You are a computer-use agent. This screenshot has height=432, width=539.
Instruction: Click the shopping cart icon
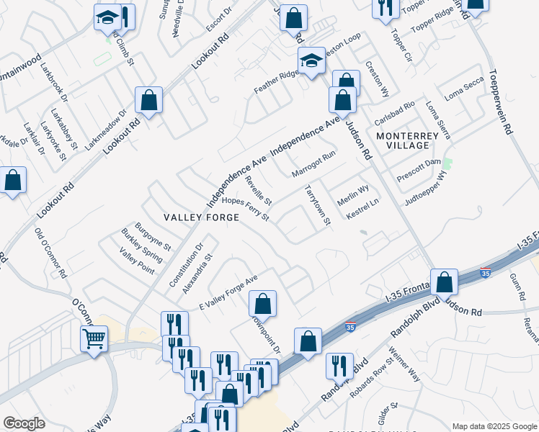coord(94,338)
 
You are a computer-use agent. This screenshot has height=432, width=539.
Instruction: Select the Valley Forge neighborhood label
coord(191,217)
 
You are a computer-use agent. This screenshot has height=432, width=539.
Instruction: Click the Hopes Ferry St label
coord(245,209)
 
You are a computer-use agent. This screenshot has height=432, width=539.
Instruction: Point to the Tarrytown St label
coord(318,206)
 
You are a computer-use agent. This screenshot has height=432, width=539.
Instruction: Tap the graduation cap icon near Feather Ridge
coord(311,61)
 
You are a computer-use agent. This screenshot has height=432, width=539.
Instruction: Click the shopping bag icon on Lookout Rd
coord(149,102)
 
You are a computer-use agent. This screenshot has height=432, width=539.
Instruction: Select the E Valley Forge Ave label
coord(228,291)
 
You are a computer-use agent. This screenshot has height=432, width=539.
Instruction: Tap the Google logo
coord(24,423)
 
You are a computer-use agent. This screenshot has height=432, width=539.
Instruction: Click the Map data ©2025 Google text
coord(494,426)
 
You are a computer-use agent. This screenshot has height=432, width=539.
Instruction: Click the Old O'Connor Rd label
coord(51,253)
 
